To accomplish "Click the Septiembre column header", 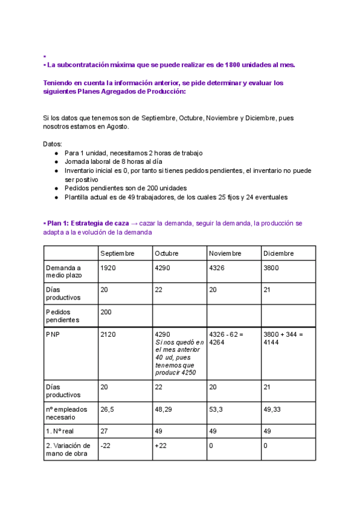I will (118, 253).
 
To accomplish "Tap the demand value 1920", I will (109, 268).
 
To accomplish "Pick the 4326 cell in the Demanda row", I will (218, 268).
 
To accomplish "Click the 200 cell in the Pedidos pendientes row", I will (107, 312).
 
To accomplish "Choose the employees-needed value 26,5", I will (108, 409).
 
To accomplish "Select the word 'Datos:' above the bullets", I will (53, 144).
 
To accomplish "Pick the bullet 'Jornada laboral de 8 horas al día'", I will (113, 162).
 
